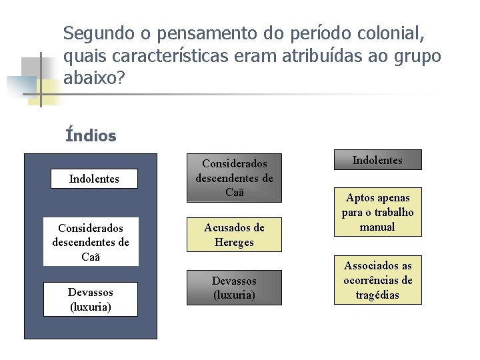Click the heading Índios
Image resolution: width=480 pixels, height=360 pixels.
click(91, 136)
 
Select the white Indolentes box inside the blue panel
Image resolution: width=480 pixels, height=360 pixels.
click(94, 179)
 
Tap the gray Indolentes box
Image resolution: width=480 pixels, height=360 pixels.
click(377, 160)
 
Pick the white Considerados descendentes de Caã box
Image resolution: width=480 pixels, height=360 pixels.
click(91, 241)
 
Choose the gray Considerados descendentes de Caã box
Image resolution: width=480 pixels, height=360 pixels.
click(234, 178)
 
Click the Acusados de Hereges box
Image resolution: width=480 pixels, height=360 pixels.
click(234, 235)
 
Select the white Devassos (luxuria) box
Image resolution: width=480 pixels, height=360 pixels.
click(91, 299)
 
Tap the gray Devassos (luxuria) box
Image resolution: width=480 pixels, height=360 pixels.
click(234, 287)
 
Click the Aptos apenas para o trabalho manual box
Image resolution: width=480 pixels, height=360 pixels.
click(377, 212)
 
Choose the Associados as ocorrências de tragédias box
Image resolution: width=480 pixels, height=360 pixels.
click(377, 280)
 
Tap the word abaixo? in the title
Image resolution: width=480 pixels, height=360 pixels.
click(94, 78)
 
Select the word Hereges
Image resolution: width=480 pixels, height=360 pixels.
click(234, 243)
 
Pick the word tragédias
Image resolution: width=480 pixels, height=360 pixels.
click(378, 295)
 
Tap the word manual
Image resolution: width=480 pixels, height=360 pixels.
click(377, 227)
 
